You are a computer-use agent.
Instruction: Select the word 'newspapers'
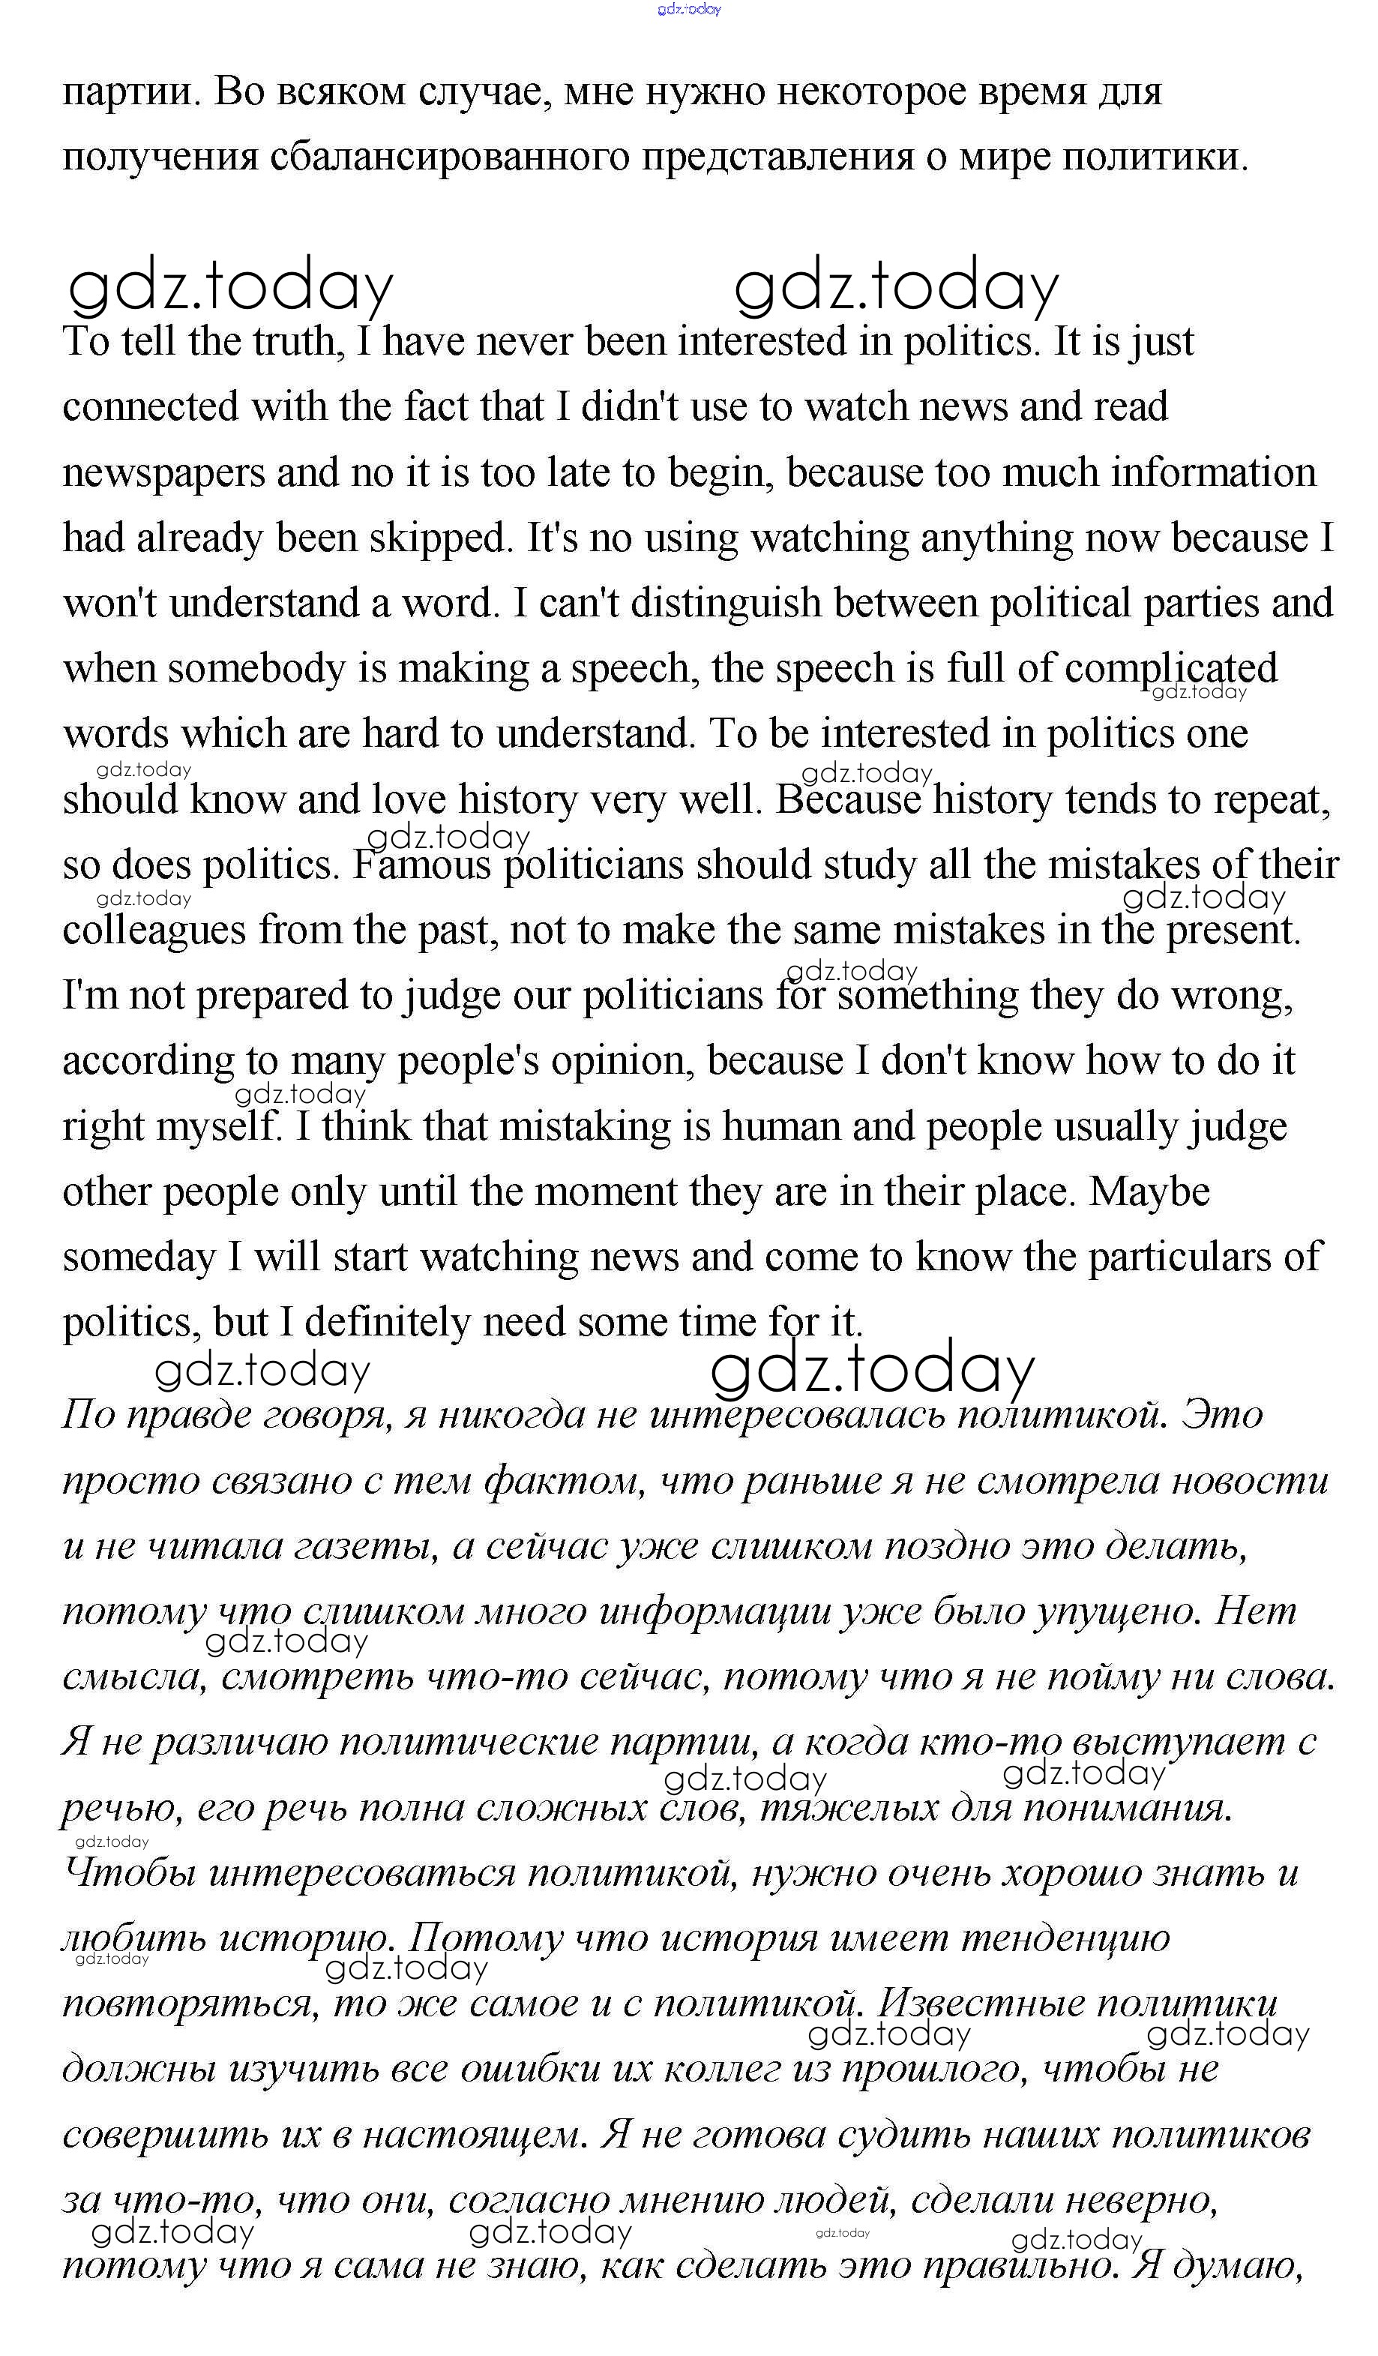coord(163,474)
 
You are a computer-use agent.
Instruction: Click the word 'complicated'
coord(1170,670)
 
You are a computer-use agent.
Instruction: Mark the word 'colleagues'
coord(154,931)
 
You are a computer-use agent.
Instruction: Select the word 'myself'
coord(218,1128)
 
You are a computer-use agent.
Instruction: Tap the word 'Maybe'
coord(1149,1192)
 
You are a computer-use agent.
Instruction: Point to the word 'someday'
coord(139,1258)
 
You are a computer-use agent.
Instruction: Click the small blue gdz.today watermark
coord(689,9)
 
